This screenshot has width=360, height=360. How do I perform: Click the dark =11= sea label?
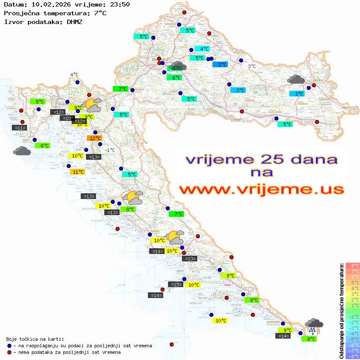[20, 128]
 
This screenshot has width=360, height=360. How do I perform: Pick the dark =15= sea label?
[175, 285]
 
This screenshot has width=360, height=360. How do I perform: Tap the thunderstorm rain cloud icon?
[314, 325]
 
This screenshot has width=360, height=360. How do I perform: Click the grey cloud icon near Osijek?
[296, 79]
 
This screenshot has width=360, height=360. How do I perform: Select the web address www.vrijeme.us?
[261, 189]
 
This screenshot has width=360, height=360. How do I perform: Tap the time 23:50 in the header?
[119, 5]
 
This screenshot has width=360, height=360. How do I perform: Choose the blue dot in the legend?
[10, 346]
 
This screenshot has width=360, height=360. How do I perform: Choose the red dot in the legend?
[10, 352]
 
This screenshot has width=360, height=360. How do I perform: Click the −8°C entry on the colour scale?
[352, 357]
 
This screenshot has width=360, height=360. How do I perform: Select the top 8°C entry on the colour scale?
[352, 265]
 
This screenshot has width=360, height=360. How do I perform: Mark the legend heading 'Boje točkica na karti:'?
[35, 339]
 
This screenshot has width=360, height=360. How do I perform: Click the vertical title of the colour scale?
[341, 310]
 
